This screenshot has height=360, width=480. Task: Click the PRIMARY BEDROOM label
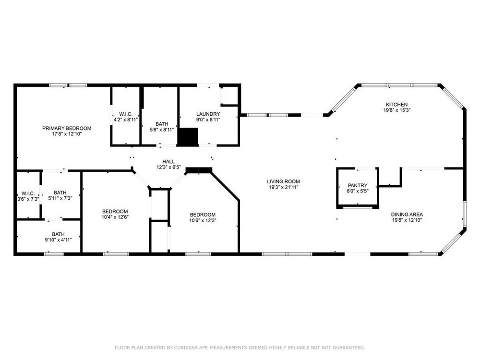coord(67,128)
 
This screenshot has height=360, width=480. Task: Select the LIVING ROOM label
coord(284,181)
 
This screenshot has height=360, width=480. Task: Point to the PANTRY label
coord(358,185)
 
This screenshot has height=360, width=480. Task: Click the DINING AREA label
coord(407,215)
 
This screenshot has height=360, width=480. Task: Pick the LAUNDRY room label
coord(208,114)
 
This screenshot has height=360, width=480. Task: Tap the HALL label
coord(168,162)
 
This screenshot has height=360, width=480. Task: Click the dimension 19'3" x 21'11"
coord(284,187)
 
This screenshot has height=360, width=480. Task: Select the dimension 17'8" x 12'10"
coord(67,134)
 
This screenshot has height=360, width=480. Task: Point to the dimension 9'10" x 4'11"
coord(58,240)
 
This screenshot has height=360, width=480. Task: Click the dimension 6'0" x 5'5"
coord(358,191)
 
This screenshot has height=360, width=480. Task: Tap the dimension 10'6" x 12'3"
coord(203,220)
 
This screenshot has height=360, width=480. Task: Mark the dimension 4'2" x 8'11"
coord(126,120)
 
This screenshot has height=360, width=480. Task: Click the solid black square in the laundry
coord(188,136)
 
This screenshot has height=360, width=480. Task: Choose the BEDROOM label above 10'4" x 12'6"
coord(115,212)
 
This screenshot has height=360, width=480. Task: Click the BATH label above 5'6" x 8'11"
coord(162,124)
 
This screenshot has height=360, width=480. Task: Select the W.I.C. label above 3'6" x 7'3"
coord(28,194)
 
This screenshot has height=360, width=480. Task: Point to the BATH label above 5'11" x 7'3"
coord(60,192)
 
